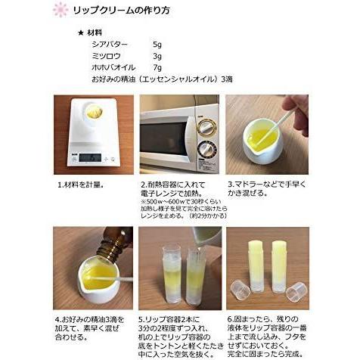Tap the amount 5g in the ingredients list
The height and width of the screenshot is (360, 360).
[157, 44]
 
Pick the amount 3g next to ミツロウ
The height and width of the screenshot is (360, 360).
[157, 55]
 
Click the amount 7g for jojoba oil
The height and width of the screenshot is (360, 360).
[157, 67]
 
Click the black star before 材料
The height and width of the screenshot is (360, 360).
[80, 33]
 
